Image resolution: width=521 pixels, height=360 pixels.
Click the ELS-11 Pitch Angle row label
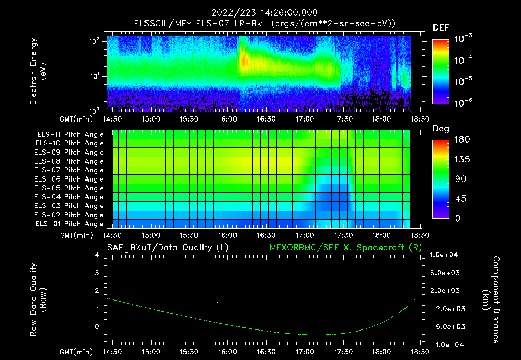click(70, 135)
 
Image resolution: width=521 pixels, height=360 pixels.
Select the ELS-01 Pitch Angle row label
click(70, 224)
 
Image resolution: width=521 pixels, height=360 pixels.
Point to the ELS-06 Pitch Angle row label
click(70, 179)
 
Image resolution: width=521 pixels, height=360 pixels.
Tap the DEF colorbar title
click(441, 27)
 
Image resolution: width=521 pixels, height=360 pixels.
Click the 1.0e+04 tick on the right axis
click(446, 255)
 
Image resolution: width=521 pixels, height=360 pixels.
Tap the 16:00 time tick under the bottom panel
click(227, 352)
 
